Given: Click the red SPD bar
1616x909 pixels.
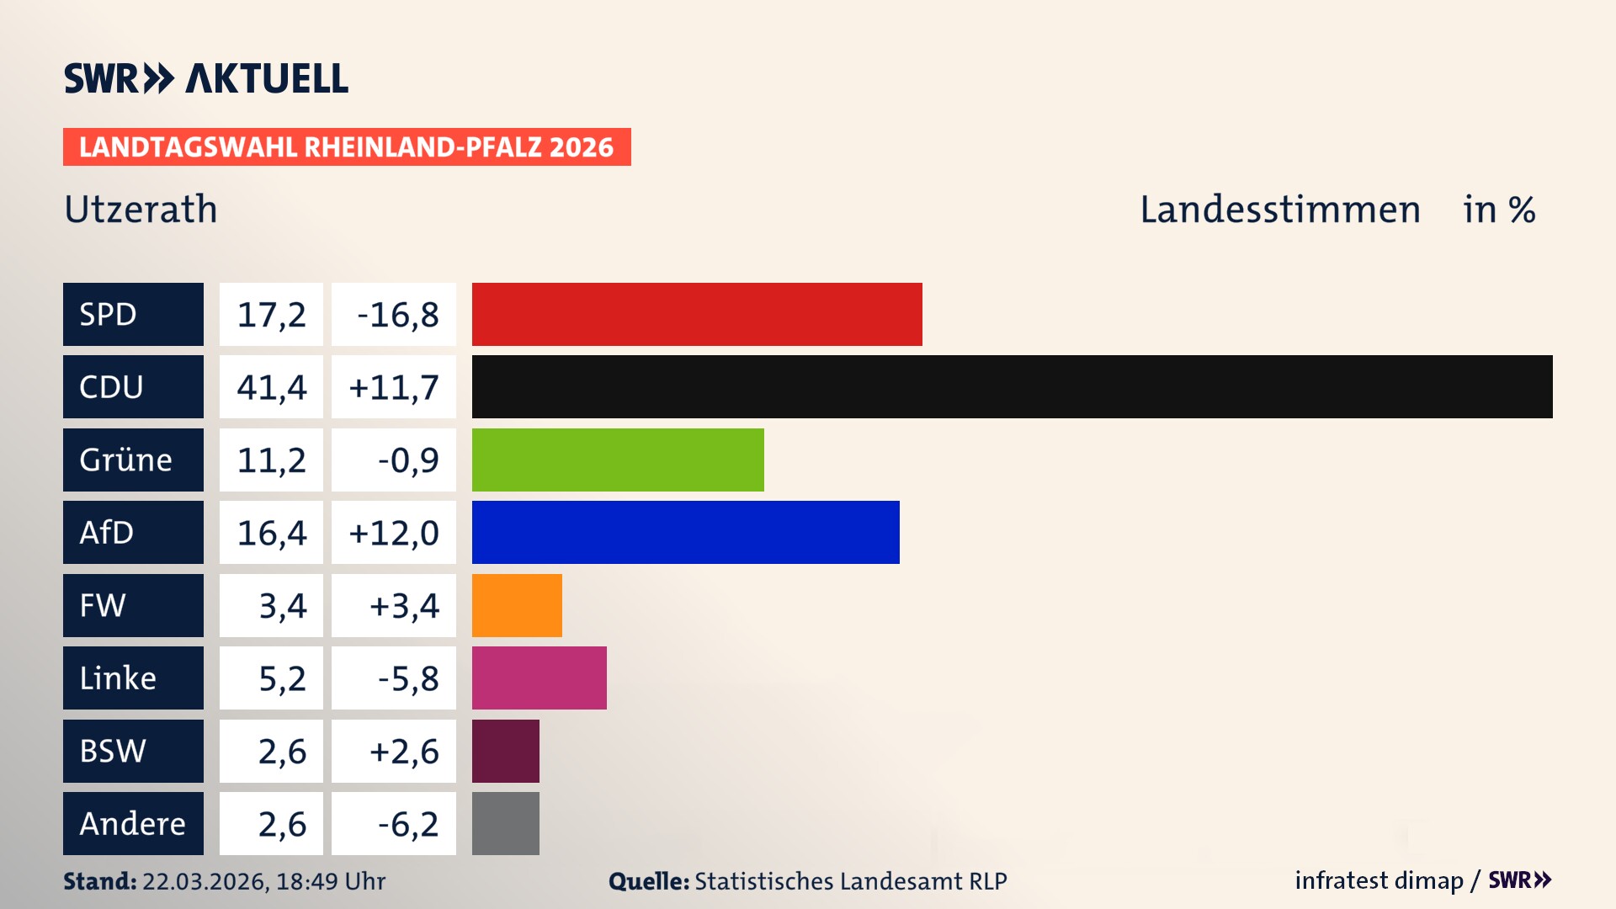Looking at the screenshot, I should pyautogui.click(x=697, y=314).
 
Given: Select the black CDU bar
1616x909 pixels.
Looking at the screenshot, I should pyautogui.click(x=1012, y=386).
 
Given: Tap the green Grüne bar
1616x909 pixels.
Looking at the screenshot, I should pyautogui.click(x=618, y=460).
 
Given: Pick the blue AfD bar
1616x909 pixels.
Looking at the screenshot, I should pyautogui.click(x=685, y=532).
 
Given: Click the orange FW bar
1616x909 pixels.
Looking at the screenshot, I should pyautogui.click(x=517, y=605).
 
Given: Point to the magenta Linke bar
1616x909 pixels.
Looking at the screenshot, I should pyautogui.click(x=539, y=678).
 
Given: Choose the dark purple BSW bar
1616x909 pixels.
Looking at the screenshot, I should pyautogui.click(x=505, y=751).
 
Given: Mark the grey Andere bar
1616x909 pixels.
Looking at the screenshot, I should pyautogui.click(x=505, y=823).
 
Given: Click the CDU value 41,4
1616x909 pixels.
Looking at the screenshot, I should pyautogui.click(x=271, y=387).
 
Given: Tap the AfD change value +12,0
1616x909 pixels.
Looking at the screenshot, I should pyautogui.click(x=394, y=533).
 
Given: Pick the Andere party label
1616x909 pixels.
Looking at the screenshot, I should pyautogui.click(x=133, y=823).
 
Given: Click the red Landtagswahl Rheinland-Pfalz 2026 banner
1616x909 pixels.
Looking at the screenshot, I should pyautogui.click(x=347, y=147).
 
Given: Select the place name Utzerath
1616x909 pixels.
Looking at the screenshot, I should pyautogui.click(x=141, y=210).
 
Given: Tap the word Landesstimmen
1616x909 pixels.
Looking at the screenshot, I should pyautogui.click(x=1279, y=210).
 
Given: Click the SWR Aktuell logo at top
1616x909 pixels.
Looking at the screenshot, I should pyautogui.click(x=206, y=78).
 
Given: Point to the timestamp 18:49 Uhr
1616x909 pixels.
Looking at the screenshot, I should pyautogui.click(x=330, y=881).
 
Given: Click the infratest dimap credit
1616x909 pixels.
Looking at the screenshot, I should pyautogui.click(x=1379, y=880).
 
